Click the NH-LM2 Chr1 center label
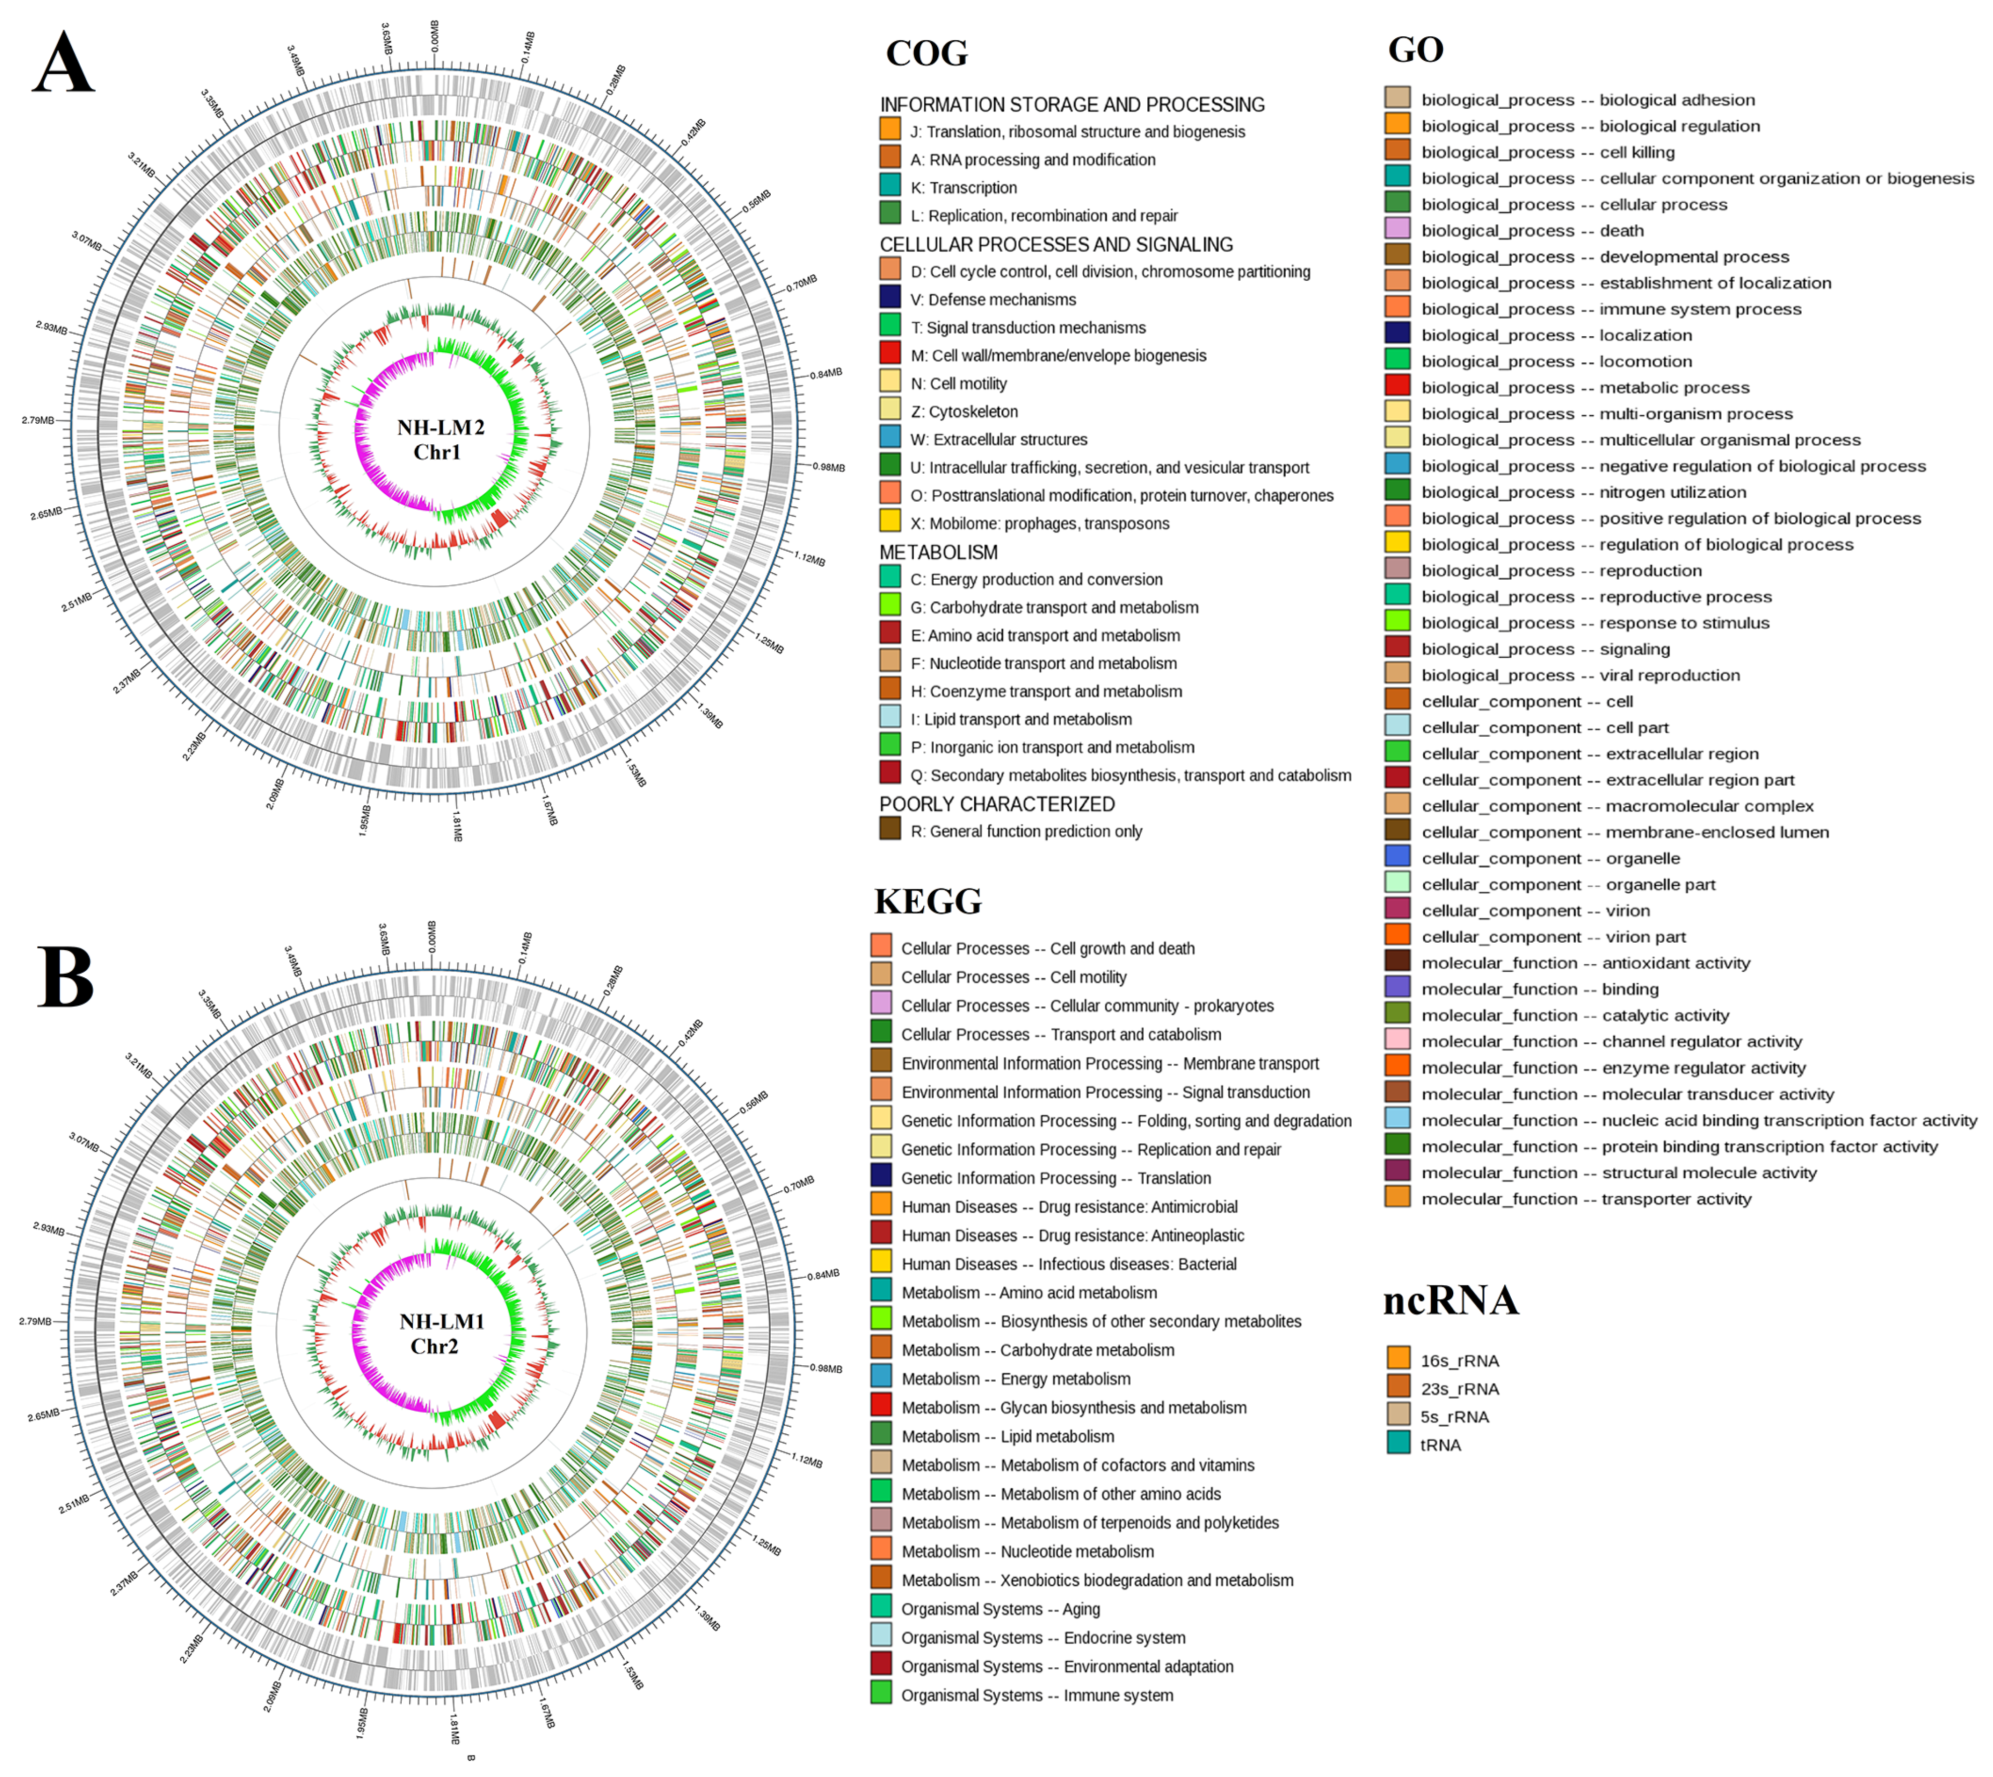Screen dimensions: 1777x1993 tap(440, 439)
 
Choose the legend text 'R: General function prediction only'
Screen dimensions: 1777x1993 tap(1025, 831)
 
